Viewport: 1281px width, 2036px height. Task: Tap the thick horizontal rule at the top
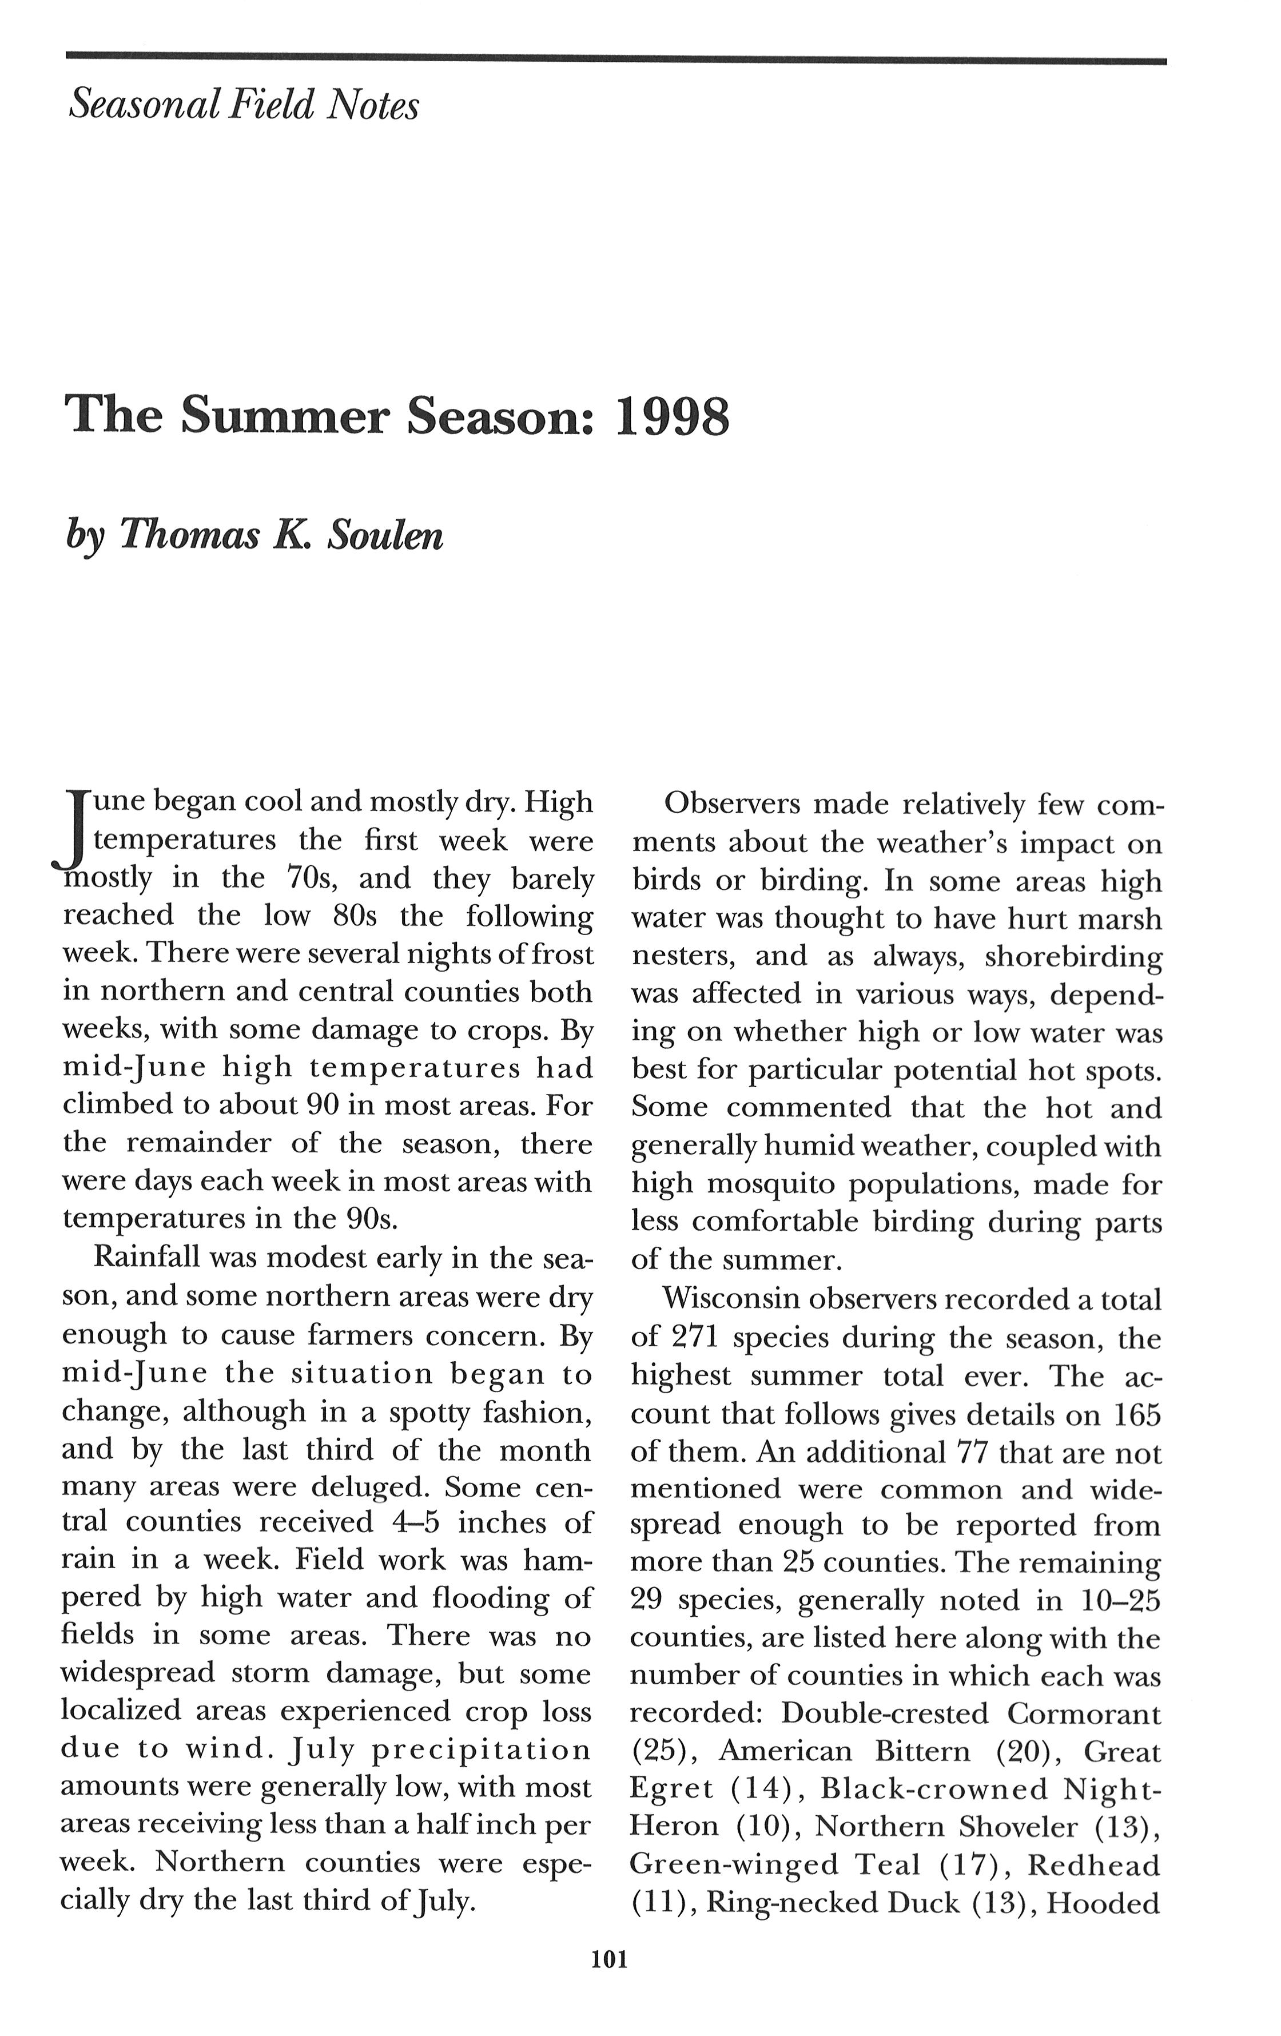[x=615, y=58]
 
